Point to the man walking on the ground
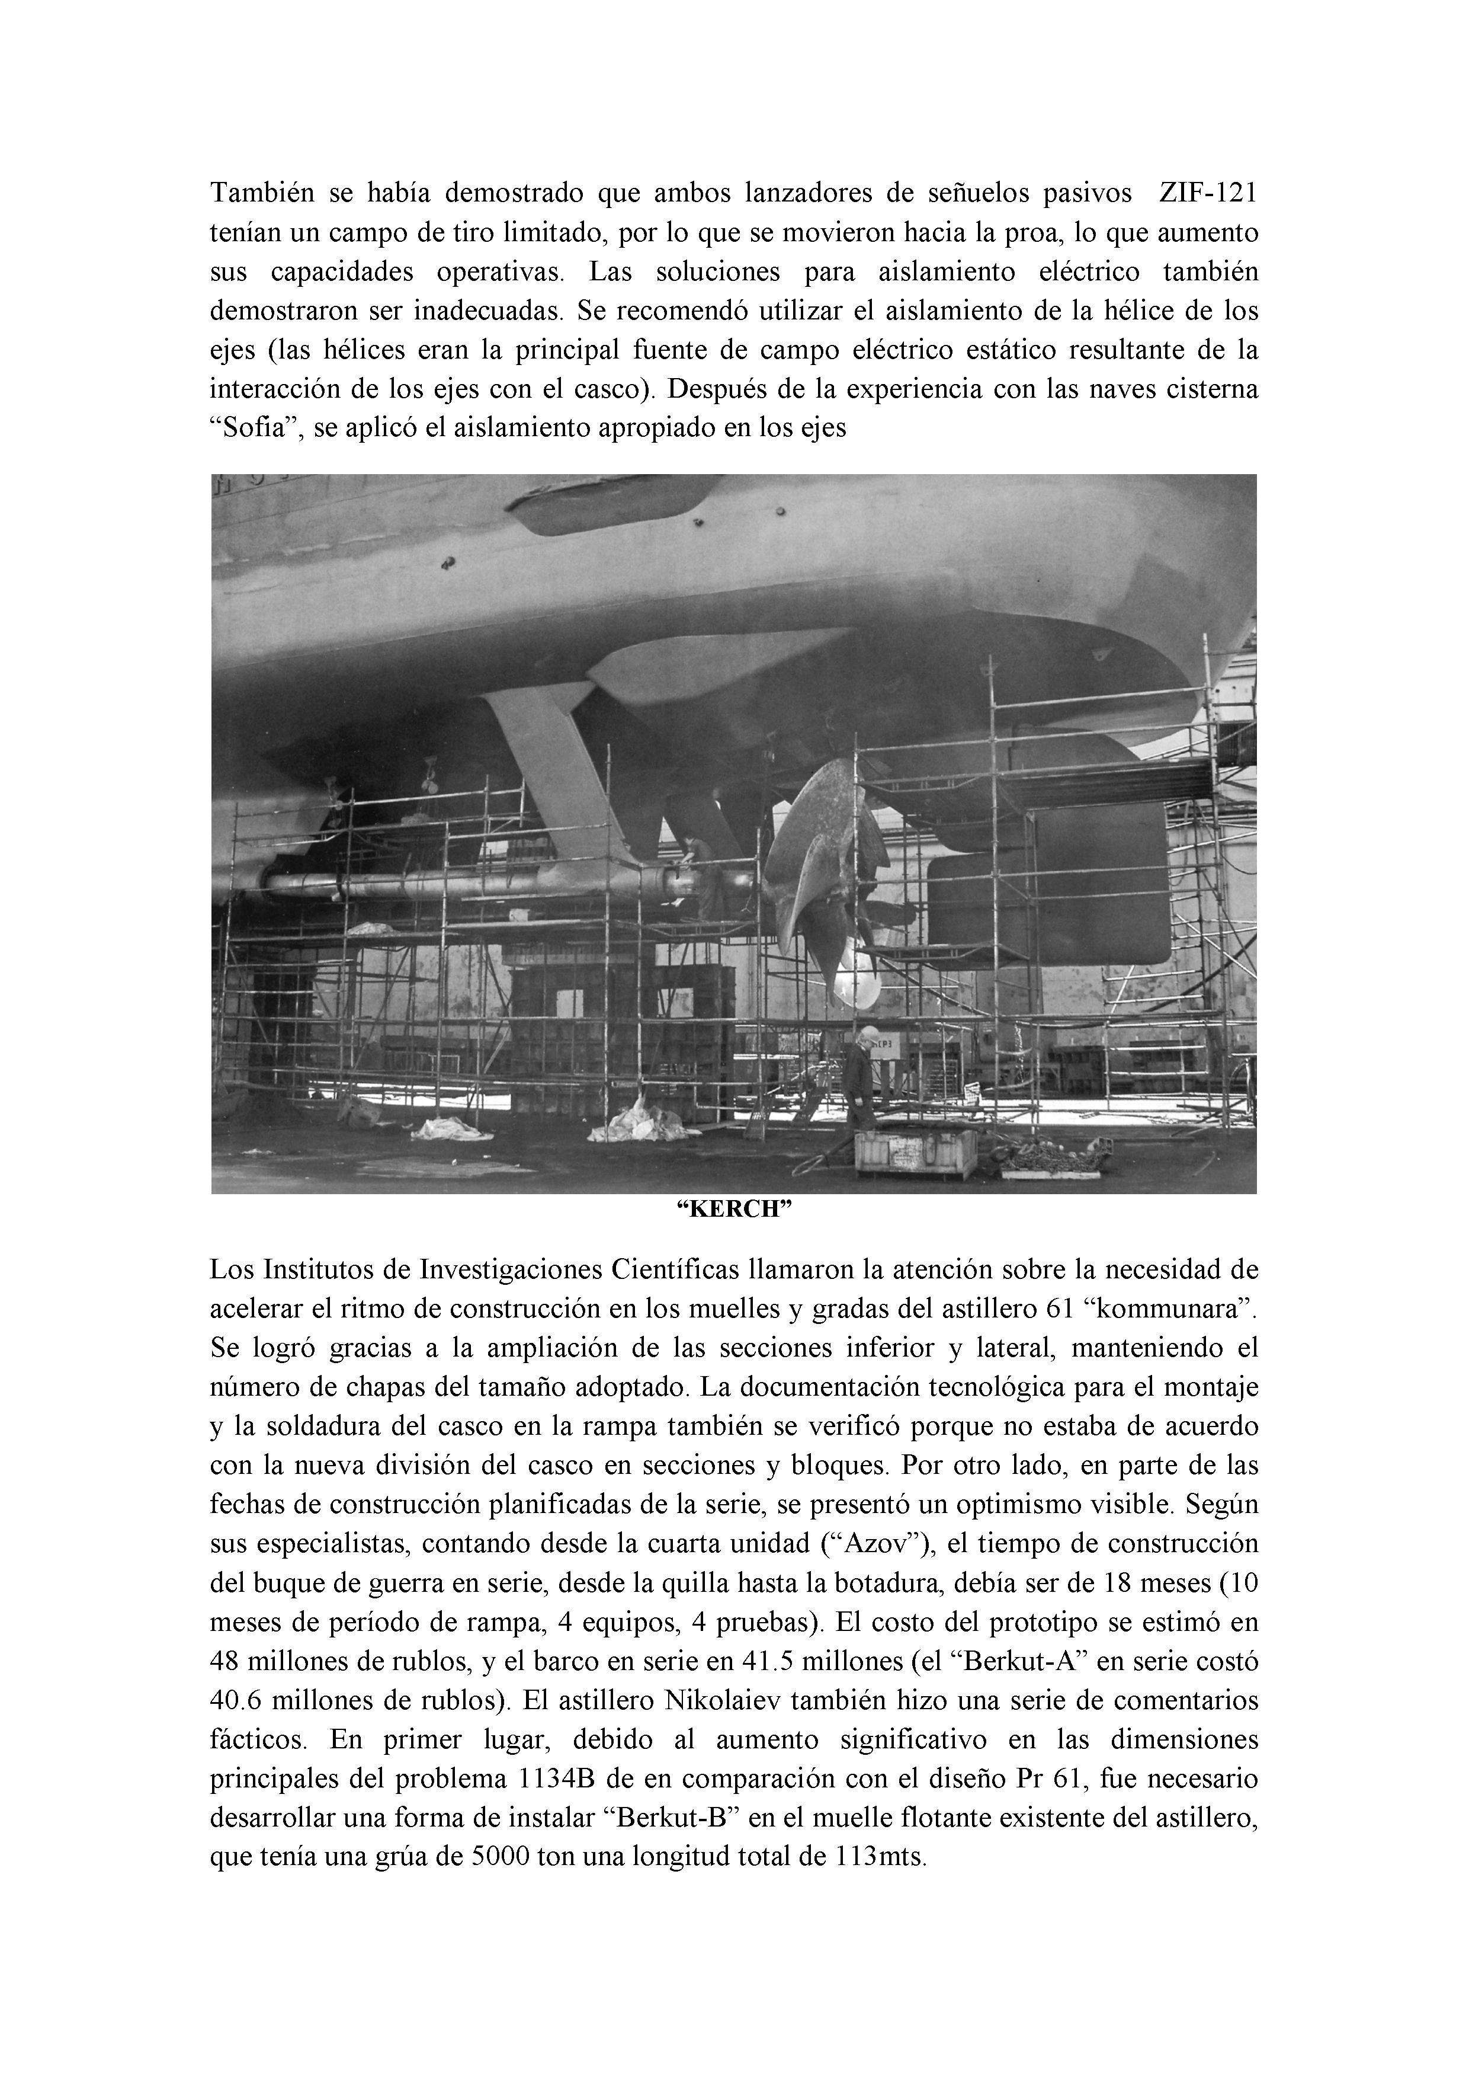860,1077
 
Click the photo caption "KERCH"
734,1211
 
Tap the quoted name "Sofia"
249,427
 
